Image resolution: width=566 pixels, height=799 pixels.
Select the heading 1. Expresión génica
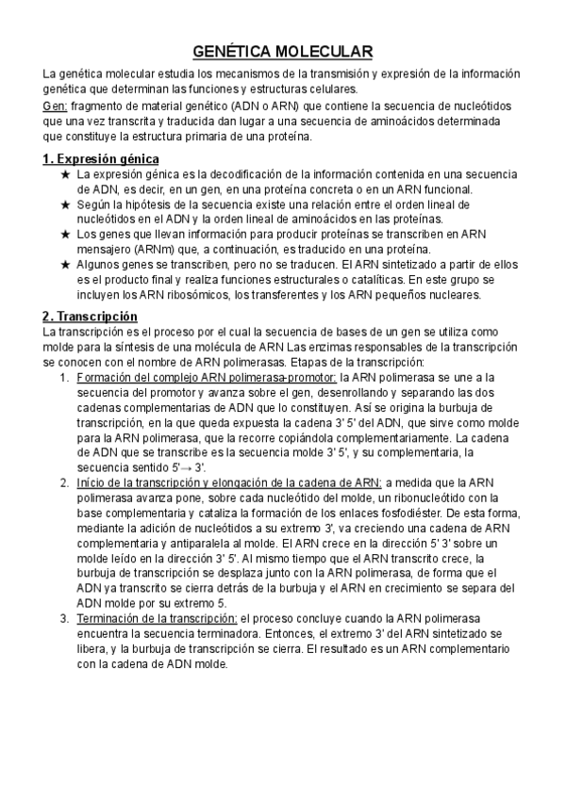101,158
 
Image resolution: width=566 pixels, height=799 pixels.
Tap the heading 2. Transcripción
91,316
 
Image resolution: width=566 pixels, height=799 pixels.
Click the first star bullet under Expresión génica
64,174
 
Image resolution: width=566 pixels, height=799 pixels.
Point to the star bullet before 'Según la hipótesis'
64,204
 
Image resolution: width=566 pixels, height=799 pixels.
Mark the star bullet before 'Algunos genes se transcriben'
64,265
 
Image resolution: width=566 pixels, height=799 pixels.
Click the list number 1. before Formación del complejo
63,378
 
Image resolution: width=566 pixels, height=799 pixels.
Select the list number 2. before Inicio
63,482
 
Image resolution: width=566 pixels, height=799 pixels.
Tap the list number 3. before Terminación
63,618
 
